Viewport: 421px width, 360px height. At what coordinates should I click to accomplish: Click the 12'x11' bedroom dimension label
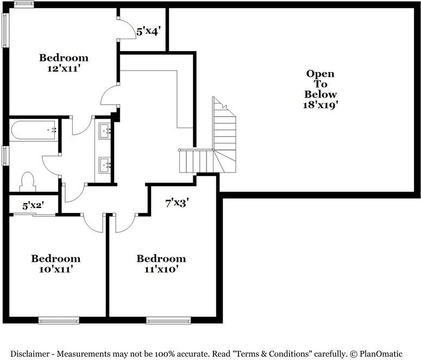pos(64,68)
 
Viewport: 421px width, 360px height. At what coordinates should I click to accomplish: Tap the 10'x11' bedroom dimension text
pos(55,268)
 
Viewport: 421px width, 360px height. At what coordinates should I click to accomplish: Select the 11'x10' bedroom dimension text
pos(161,268)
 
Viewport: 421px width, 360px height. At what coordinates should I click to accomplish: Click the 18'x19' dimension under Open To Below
pos(320,104)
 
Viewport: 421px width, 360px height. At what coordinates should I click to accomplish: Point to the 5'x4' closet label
pos(147,31)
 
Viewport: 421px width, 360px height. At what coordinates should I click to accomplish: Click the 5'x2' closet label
pos(33,206)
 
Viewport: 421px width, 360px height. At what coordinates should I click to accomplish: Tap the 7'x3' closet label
pos(177,203)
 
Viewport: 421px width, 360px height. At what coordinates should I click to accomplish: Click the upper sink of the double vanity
pos(105,130)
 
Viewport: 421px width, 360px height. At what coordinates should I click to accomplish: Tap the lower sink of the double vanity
pos(105,163)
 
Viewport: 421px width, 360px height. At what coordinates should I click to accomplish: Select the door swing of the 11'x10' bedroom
pos(124,223)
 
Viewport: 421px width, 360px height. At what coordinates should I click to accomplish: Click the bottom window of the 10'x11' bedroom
pos(59,320)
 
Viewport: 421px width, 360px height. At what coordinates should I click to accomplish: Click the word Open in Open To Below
pos(320,74)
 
